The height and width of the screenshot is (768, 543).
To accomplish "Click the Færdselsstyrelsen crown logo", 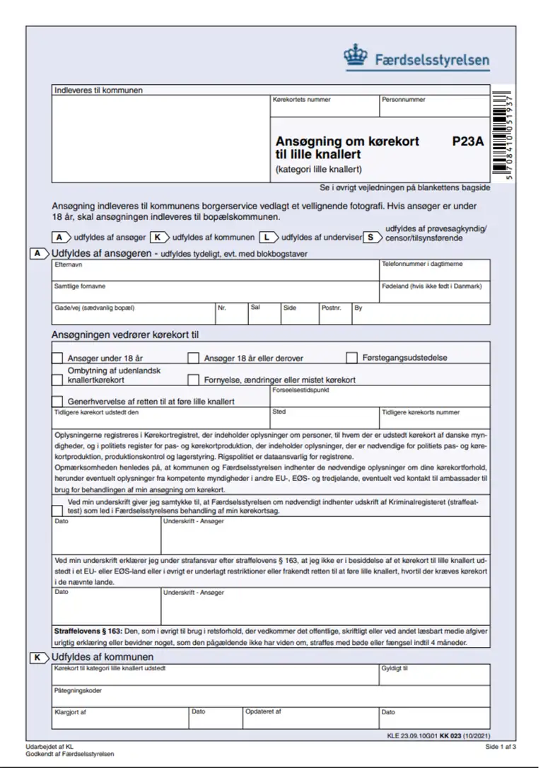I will (x=355, y=56).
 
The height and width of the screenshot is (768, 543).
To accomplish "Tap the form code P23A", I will (x=467, y=141).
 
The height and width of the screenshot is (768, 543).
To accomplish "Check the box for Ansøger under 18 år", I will (x=57, y=358).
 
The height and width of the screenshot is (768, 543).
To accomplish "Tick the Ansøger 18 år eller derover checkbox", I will (x=193, y=358).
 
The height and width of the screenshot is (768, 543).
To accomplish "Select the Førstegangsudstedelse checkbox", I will (x=351, y=358).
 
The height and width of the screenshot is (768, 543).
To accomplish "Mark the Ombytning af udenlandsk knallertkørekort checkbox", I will (x=57, y=380).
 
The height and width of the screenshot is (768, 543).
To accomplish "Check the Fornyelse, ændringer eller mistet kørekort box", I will (x=193, y=380).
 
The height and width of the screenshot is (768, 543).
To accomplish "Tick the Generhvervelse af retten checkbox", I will (x=57, y=401).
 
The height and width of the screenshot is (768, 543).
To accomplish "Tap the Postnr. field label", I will (x=331, y=308).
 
